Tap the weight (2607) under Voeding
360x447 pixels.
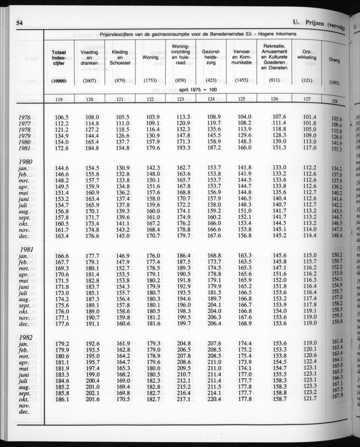(x=89, y=81)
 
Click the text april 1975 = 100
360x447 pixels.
(x=198, y=90)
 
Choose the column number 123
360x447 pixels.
(x=180, y=99)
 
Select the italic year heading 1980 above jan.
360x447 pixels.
(x=26, y=161)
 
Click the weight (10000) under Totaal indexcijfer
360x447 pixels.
(x=59, y=81)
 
